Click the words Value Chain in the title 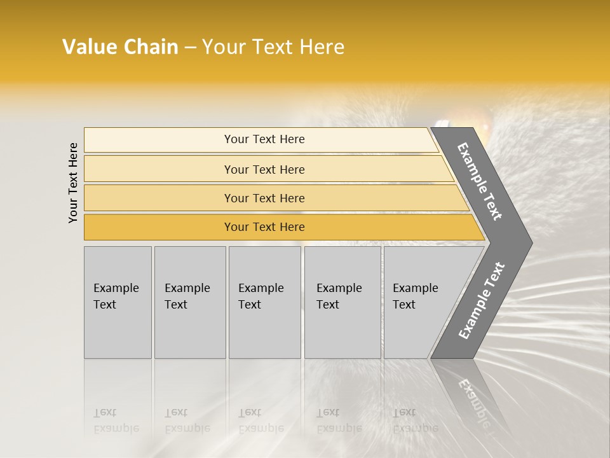point(120,47)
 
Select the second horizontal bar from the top point(264,169)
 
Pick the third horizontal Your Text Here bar point(264,198)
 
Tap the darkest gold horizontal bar point(264,227)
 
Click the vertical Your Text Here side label point(73,183)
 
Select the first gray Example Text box point(118,302)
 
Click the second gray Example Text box point(189,302)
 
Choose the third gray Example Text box point(264,302)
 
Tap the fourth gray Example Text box point(342,302)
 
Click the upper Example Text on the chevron point(480,181)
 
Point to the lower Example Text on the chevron point(481,301)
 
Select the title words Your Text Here point(273,47)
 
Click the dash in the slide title point(190,48)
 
